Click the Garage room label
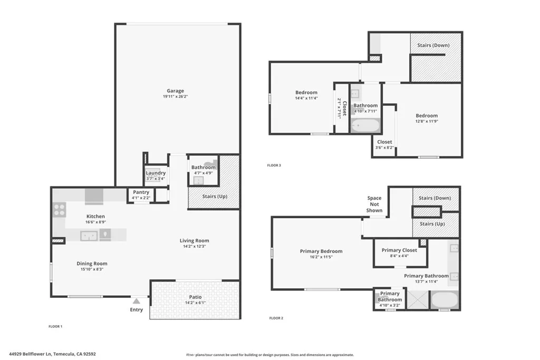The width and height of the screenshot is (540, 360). [176, 91]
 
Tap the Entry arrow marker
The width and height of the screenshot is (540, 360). [136, 301]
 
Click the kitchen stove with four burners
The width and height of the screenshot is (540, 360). [59, 210]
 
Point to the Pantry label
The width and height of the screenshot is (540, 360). [141, 192]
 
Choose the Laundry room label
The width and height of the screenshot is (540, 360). [156, 173]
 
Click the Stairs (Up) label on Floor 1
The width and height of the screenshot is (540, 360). [215, 197]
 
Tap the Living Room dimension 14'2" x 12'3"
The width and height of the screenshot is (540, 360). [194, 246]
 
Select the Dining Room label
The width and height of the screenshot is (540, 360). [92, 264]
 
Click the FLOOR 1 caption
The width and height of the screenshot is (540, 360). [55, 327]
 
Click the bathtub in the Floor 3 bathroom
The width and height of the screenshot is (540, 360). [365, 125]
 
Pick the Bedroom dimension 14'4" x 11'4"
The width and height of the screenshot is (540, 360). [306, 98]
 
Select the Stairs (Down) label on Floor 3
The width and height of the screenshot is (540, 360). [433, 45]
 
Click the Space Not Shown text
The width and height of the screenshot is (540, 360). [374, 205]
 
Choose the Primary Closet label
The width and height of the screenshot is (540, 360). [399, 250]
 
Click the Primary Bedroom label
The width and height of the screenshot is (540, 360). [321, 251]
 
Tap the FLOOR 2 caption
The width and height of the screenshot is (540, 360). [276, 318]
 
